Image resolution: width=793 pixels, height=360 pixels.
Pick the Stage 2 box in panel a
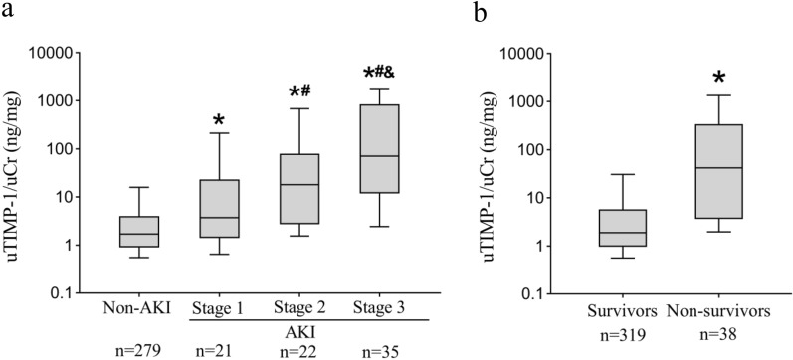click(x=298, y=189)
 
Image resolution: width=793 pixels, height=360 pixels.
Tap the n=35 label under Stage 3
click(x=379, y=349)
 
